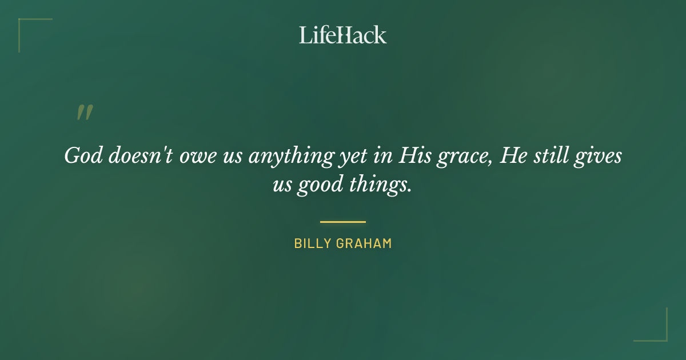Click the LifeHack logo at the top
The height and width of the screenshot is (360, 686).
coord(343,35)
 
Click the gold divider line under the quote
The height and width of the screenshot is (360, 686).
coord(343,222)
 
